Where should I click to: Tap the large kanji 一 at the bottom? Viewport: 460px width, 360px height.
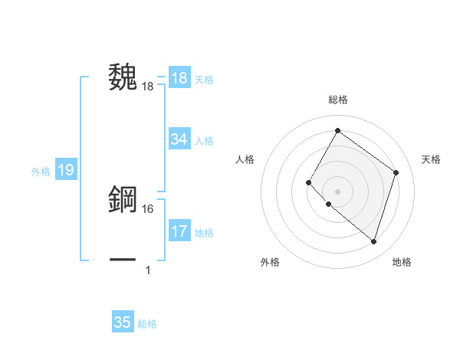point(123,260)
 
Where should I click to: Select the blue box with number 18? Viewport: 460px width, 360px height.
point(179,78)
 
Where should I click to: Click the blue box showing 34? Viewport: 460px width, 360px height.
point(179,139)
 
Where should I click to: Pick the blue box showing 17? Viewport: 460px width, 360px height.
point(179,231)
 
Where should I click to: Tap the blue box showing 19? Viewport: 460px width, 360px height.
point(66,170)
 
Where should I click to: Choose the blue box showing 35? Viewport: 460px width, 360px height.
point(123,322)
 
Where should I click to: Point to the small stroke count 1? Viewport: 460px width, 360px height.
point(147,270)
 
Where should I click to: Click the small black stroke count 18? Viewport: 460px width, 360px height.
point(148,87)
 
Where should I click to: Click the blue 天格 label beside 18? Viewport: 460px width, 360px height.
point(204,79)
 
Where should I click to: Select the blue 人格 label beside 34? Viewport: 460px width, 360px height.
point(204,140)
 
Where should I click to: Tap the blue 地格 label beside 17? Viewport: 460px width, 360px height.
point(204,232)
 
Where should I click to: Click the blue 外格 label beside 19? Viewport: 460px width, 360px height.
point(41,172)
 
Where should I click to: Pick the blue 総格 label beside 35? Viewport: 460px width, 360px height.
point(147,324)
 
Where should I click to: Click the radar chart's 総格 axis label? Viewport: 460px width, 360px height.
point(337,100)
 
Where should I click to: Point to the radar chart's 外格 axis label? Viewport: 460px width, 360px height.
point(270,262)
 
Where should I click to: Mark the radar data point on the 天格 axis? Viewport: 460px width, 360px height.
point(396,172)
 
